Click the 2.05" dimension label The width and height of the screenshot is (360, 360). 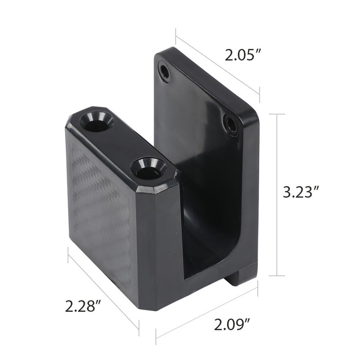click(x=243, y=56)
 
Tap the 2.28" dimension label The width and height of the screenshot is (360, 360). click(x=82, y=307)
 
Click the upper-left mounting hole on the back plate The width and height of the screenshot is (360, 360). click(x=165, y=72)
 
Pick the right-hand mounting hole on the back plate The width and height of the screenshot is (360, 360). click(x=231, y=125)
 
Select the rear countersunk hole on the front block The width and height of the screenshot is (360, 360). click(x=97, y=121)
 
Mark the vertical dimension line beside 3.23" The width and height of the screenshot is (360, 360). click(x=276, y=193)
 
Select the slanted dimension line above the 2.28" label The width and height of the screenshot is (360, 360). click(x=103, y=288)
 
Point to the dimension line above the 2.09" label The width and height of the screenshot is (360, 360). click(x=207, y=310)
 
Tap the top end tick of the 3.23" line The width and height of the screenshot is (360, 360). click(x=276, y=114)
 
